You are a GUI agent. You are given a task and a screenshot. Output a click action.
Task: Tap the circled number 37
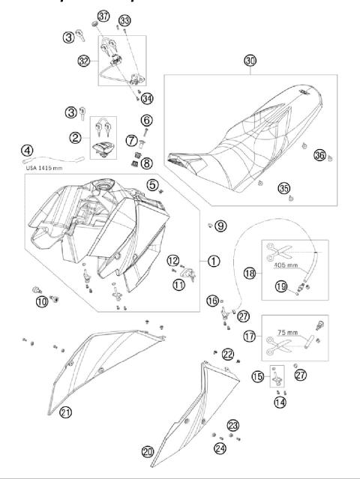pyautogui.click(x=103, y=17)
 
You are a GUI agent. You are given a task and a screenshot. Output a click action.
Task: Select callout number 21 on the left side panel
pyautogui.click(x=65, y=412)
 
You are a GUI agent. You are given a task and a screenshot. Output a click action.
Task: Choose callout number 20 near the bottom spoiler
pyautogui.click(x=148, y=451)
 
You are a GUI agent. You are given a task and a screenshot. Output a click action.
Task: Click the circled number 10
pyautogui.click(x=40, y=301)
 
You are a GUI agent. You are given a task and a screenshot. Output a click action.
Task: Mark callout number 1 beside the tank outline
pyautogui.click(x=214, y=262)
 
